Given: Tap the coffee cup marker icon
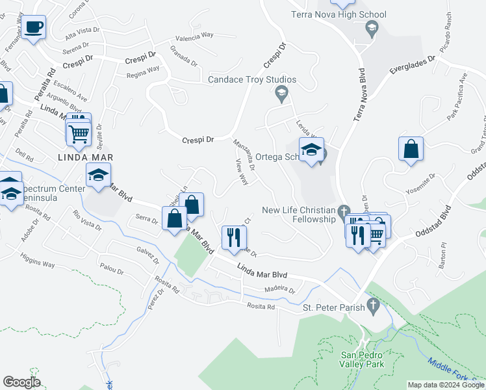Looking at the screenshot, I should [x=34, y=28].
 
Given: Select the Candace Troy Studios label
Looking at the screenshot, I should [x=252, y=80].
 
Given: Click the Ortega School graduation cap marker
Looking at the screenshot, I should [x=311, y=150].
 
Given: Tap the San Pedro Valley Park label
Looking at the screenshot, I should [x=363, y=359].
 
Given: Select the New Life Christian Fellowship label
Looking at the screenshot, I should [x=298, y=214].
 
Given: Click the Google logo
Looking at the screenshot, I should [x=22, y=382].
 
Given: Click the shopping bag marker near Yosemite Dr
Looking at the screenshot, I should [x=411, y=149].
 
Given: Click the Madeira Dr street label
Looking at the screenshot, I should [x=279, y=291].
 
